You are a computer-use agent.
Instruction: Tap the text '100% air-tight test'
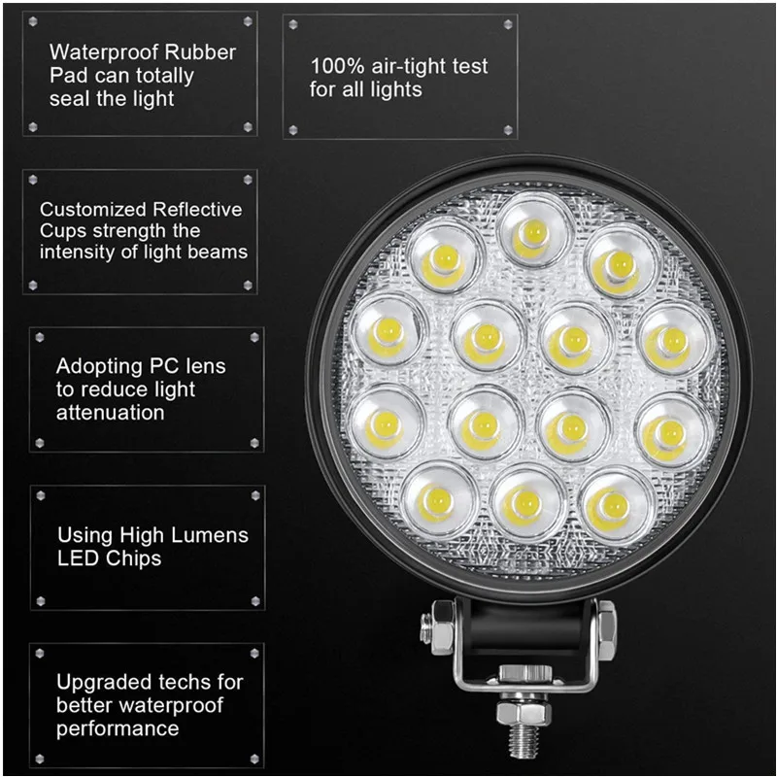pyautogui.click(x=398, y=67)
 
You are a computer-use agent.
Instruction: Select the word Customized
pyautogui.click(x=94, y=209)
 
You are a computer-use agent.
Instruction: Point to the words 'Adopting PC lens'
pyautogui.click(x=141, y=367)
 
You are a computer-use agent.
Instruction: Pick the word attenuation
pyautogui.click(x=110, y=412)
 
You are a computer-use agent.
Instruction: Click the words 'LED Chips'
pyautogui.click(x=109, y=558)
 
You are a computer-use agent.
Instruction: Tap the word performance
pyautogui.click(x=118, y=728)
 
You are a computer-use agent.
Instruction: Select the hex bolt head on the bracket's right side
pyautogui.click(x=604, y=625)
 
